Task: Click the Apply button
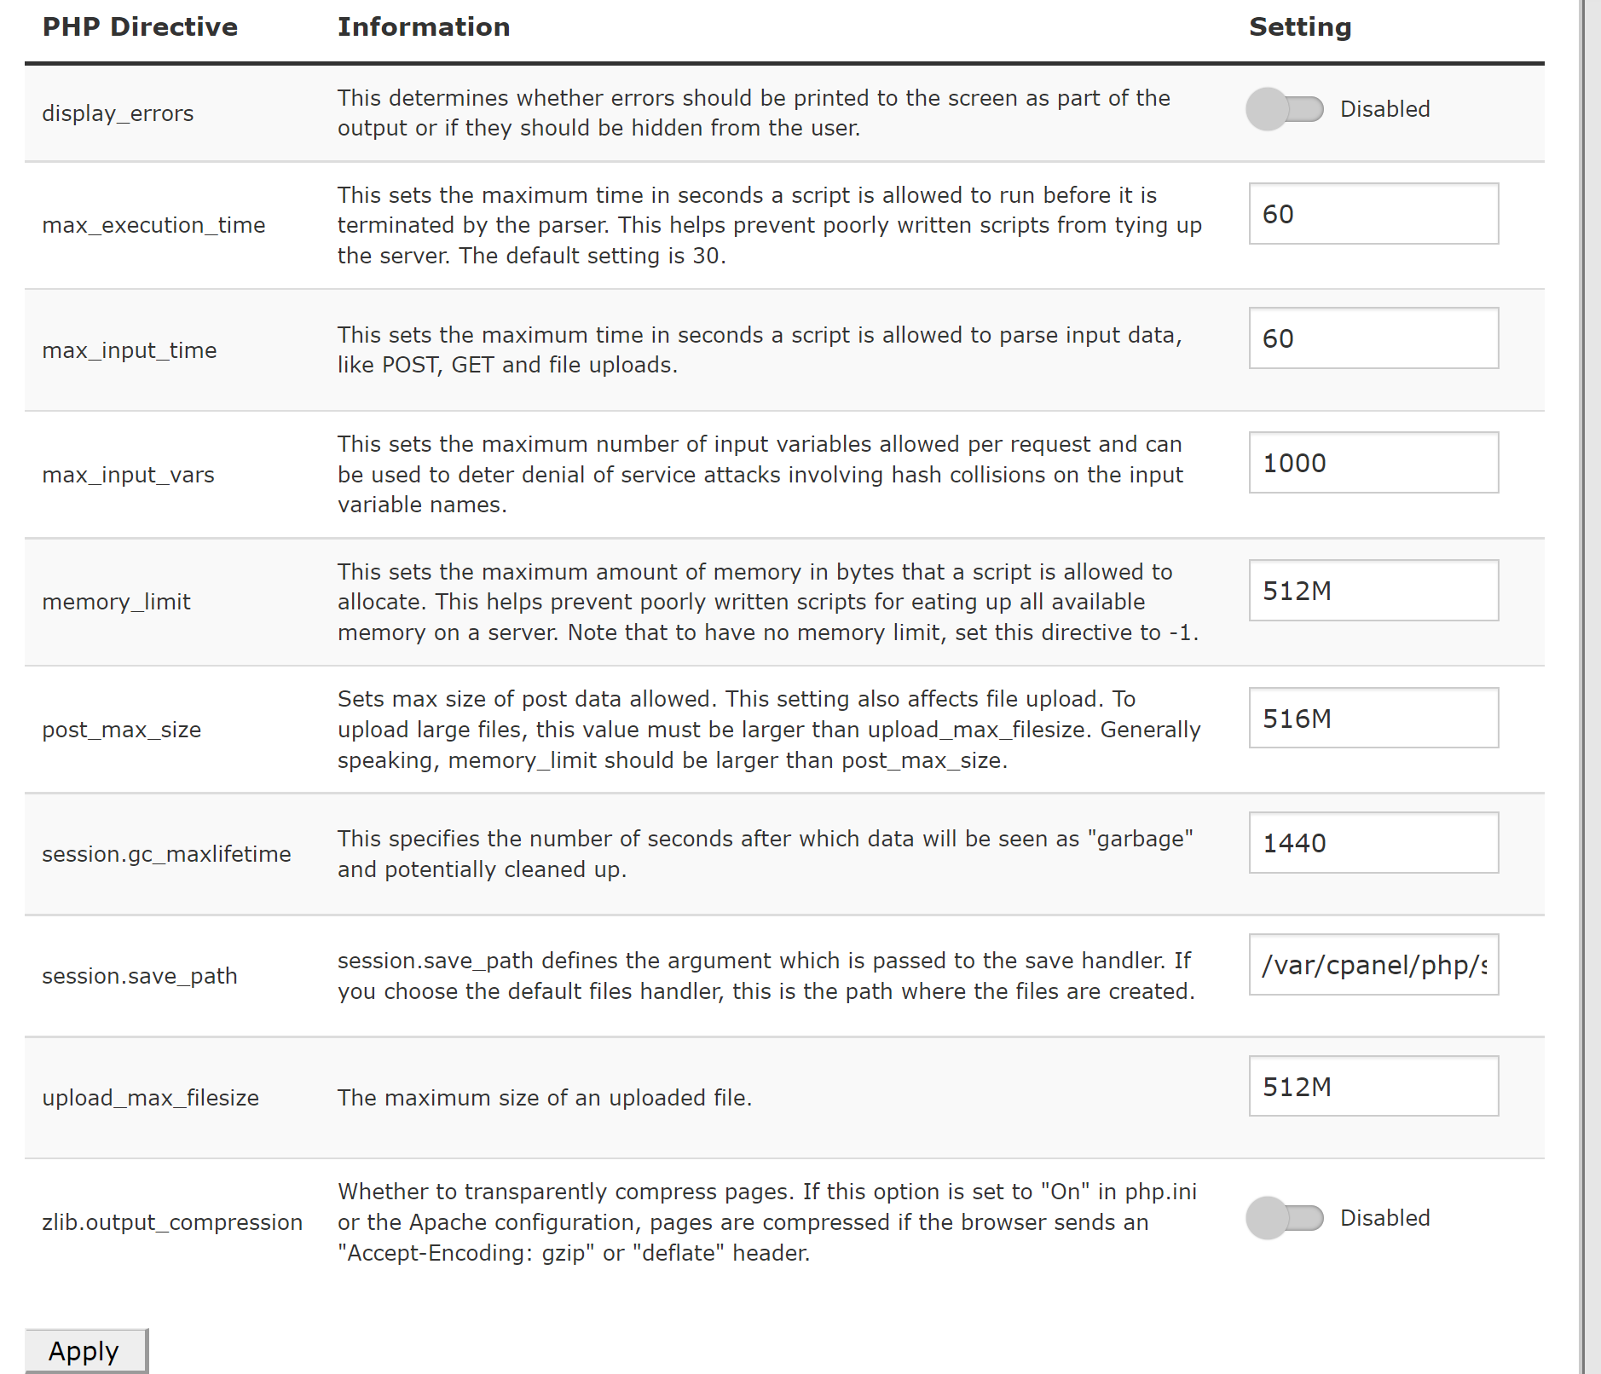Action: pyautogui.click(x=85, y=1350)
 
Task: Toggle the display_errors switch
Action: pyautogui.click(x=1284, y=109)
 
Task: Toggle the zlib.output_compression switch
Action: pyautogui.click(x=1284, y=1218)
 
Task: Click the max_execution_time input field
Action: pyautogui.click(x=1373, y=213)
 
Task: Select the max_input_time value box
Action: pyautogui.click(x=1373, y=338)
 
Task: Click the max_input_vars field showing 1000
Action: pyautogui.click(x=1373, y=463)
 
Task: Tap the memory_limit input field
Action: pyautogui.click(x=1373, y=591)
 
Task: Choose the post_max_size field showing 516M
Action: pyautogui.click(x=1373, y=719)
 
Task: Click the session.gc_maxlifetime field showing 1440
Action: pyautogui.click(x=1373, y=843)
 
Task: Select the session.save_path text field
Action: pyautogui.click(x=1373, y=965)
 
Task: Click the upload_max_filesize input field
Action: pyautogui.click(x=1373, y=1087)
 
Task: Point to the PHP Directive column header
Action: pyautogui.click(x=140, y=27)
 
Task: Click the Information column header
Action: pyautogui.click(x=424, y=27)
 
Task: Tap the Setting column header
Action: pyautogui.click(x=1300, y=27)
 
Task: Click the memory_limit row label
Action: pyautogui.click(x=116, y=602)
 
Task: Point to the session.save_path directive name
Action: pyautogui.click(x=140, y=976)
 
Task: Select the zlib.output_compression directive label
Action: pyautogui.click(x=172, y=1222)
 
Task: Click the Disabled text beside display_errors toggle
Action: pyautogui.click(x=1384, y=109)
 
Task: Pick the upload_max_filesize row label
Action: pyautogui.click(x=150, y=1098)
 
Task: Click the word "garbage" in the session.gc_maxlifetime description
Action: pyautogui.click(x=1140, y=840)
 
